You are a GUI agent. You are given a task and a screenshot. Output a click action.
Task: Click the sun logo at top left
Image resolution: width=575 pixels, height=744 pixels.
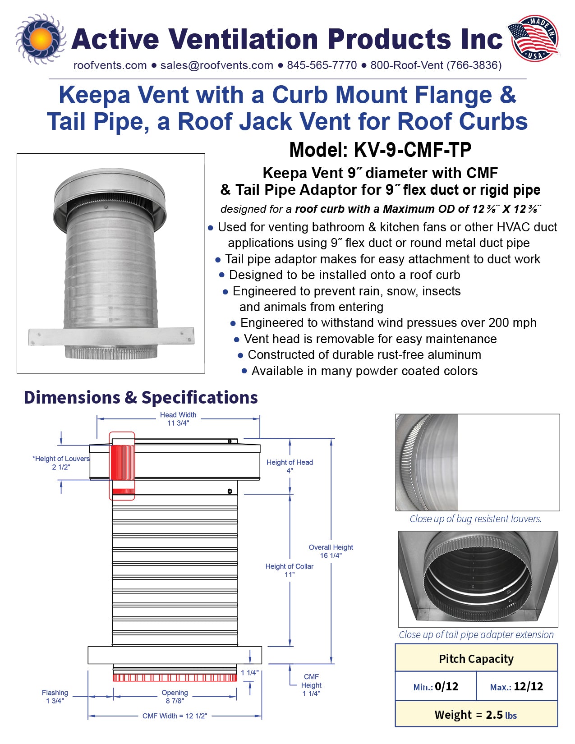[x=41, y=39]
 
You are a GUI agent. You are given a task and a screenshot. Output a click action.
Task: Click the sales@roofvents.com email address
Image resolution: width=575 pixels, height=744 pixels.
[x=216, y=65]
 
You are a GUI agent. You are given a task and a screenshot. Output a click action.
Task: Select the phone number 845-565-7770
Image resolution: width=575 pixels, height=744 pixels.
[x=322, y=65]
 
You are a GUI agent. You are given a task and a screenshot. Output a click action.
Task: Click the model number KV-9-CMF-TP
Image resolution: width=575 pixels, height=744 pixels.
[x=380, y=150]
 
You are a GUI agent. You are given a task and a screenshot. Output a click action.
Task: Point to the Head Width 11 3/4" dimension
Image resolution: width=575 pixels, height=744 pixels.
[x=178, y=419]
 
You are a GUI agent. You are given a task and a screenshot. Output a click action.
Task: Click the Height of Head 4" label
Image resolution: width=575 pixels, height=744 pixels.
[x=290, y=466]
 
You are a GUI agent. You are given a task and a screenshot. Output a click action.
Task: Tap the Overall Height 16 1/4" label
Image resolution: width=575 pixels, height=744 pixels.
[x=331, y=551]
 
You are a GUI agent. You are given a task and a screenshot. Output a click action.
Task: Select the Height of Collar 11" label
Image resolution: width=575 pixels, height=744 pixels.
[x=289, y=570]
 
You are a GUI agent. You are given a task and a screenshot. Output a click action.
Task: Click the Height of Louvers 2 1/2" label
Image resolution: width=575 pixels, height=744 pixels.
[x=61, y=463]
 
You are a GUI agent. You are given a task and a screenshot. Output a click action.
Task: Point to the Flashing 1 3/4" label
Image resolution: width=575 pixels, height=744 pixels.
[x=55, y=697]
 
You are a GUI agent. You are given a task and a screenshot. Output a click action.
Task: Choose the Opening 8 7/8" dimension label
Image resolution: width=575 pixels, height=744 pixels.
[x=175, y=697]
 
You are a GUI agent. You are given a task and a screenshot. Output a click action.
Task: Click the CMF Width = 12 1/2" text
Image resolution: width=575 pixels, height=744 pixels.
[x=175, y=716]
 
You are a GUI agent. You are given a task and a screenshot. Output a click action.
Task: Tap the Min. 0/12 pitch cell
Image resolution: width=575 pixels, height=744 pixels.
[x=436, y=687]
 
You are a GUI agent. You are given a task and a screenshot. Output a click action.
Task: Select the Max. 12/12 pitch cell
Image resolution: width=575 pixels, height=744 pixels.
[x=516, y=687]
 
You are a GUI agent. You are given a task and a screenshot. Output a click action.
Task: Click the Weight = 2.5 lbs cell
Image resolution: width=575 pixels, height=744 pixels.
[x=476, y=715]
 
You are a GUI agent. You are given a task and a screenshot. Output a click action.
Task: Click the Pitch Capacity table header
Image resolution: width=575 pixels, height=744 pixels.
[x=476, y=659]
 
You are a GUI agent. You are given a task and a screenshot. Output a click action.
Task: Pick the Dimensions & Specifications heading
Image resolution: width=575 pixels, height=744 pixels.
[x=141, y=398]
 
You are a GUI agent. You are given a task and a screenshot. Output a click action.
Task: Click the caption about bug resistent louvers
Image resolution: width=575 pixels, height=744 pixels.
[x=476, y=519]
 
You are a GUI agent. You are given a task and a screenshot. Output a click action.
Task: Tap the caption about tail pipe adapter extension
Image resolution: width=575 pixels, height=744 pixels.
[x=476, y=635]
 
